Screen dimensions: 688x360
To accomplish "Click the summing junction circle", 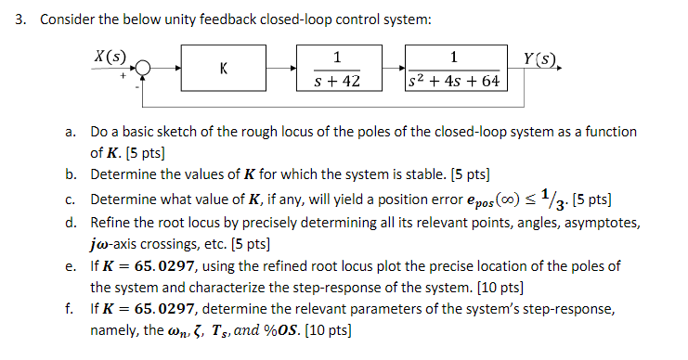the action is pos(145,68).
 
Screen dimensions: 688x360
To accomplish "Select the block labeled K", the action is pos(223,68).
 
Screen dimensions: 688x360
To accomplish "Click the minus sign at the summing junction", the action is pos(138,88).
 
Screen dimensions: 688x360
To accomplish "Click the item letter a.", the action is pos(71,133).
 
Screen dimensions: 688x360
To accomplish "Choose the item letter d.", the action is pos(71,223).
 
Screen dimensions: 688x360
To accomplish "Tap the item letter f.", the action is pos(71,311).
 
